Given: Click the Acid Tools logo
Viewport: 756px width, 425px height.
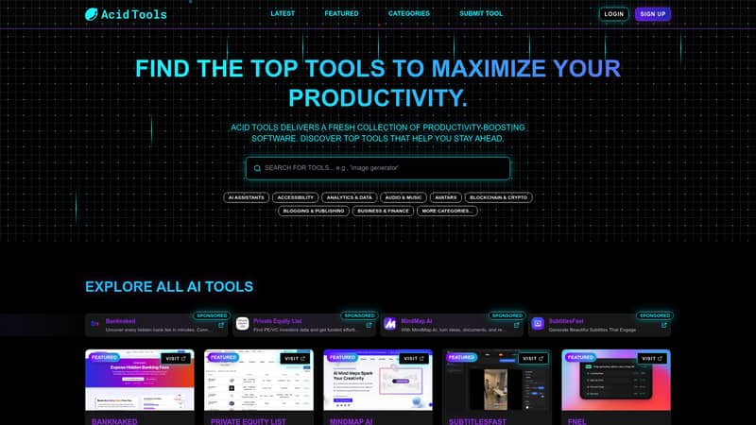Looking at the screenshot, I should coord(126,14).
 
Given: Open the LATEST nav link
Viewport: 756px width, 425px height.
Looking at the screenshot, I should coord(283,14).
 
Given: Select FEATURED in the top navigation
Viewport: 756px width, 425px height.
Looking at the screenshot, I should coord(341,14).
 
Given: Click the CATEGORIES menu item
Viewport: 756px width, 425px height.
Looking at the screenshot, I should coord(408,14).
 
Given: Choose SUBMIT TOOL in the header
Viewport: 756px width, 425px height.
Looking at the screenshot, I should coord(481,14).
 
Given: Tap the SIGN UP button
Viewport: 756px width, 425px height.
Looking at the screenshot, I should coord(653,14).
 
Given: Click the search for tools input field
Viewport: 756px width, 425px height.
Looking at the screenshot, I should coord(378,168).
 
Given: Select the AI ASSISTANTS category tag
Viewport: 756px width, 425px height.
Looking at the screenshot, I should coord(247,197).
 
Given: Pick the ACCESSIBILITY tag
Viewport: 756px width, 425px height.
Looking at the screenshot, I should coord(296,197).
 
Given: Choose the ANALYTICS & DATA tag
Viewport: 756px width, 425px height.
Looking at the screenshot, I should coord(349,197).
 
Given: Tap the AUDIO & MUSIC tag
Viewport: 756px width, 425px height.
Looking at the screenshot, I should coord(404,197).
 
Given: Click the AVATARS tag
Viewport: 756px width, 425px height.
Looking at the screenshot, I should coord(445,197).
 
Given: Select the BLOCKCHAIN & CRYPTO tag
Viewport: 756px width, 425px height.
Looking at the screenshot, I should coord(498,197).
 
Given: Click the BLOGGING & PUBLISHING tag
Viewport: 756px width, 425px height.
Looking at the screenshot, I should coord(314,211).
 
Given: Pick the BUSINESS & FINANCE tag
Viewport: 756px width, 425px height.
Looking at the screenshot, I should coord(384,211).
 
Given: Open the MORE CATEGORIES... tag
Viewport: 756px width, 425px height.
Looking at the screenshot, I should coord(447,211).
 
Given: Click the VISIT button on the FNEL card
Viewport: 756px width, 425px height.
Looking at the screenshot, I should coord(652,359).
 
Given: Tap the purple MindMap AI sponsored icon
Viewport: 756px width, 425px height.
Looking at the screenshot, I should coord(388,325).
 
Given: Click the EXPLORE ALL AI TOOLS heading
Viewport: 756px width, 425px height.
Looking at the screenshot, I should coord(169,286).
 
